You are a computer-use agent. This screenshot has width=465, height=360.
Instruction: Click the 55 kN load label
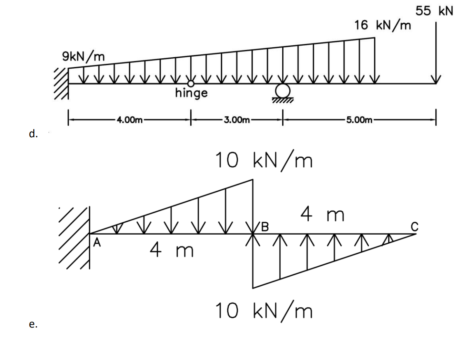[x=434, y=11]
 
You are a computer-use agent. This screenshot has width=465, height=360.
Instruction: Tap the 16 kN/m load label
[x=382, y=25]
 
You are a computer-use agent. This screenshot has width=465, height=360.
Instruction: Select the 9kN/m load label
[x=84, y=56]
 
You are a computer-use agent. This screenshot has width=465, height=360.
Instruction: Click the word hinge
[x=191, y=93]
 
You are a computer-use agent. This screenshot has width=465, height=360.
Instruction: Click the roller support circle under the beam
[x=282, y=90]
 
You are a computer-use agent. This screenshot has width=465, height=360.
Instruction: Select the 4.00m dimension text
[x=129, y=120]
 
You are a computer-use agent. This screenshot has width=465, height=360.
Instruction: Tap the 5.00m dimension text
[x=359, y=120]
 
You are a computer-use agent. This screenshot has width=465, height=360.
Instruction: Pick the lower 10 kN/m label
[x=264, y=311]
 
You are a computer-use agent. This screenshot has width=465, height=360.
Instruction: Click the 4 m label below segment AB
[x=172, y=250]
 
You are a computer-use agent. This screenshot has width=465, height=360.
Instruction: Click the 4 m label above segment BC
[x=322, y=215]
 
